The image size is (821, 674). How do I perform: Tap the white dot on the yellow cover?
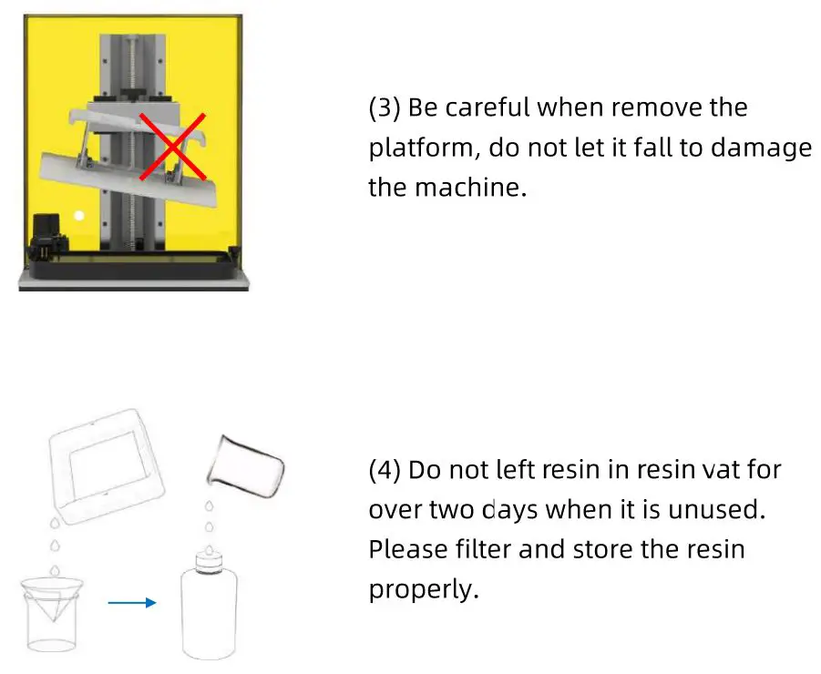coord(79,216)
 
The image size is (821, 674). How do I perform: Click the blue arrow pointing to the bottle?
coord(132,601)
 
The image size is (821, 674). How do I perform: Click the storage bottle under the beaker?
coord(210,606)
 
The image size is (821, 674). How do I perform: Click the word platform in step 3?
coord(416,148)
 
